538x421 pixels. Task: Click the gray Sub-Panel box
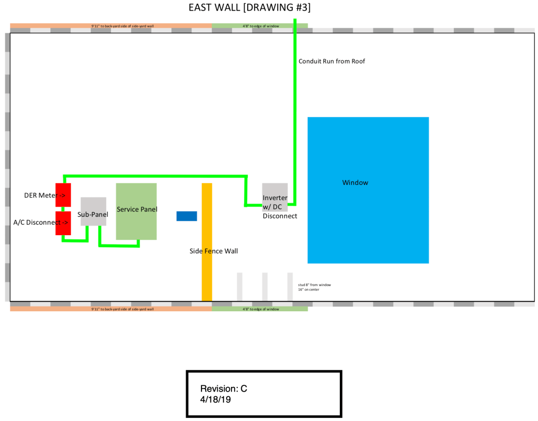94,212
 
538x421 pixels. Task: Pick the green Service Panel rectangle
136,211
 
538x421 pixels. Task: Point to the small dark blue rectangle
187,216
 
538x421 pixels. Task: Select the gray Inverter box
275,197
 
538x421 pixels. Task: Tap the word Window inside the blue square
355,183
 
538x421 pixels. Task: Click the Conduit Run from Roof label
331,61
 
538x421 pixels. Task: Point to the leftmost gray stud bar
240,287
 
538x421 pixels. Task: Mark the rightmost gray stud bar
290,287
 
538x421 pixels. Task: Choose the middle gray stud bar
265,287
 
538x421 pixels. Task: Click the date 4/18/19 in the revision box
216,399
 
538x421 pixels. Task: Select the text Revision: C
224,389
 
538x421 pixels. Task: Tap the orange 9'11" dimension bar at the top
111,25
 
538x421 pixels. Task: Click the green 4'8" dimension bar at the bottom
260,309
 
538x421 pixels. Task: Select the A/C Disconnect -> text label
40,222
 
